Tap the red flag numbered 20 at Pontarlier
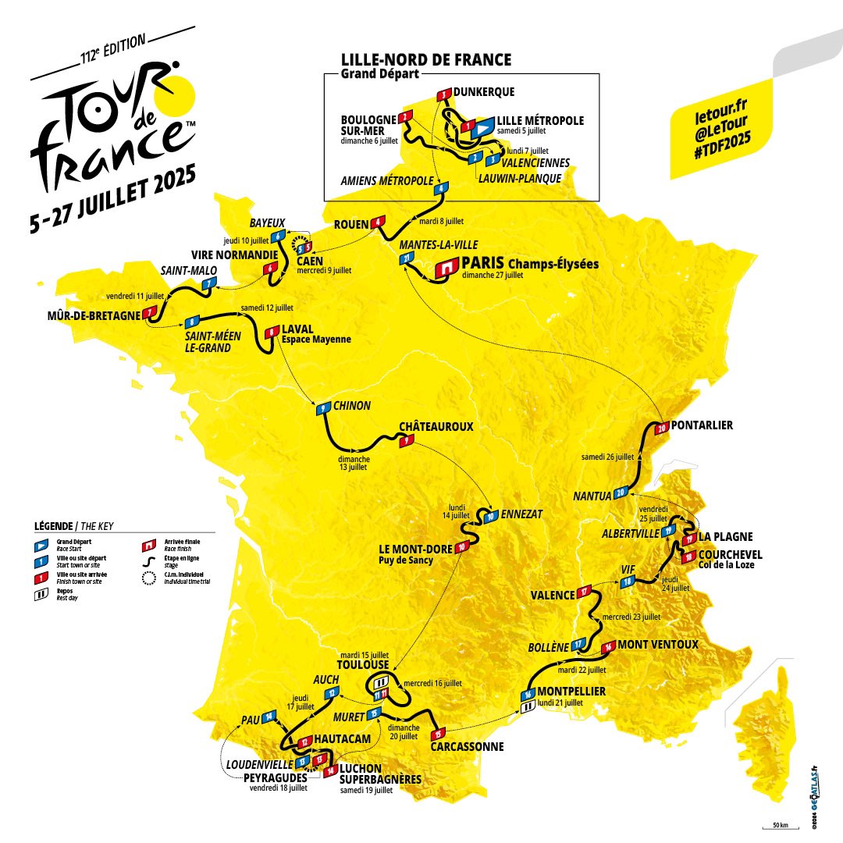(x=661, y=428)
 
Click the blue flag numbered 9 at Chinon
(x=321, y=408)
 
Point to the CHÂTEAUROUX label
(x=436, y=427)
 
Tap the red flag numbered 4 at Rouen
(x=379, y=222)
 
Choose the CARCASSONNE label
(x=467, y=746)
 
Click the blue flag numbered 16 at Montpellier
(x=528, y=695)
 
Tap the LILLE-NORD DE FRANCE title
(x=426, y=59)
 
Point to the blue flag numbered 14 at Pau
(x=269, y=716)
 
